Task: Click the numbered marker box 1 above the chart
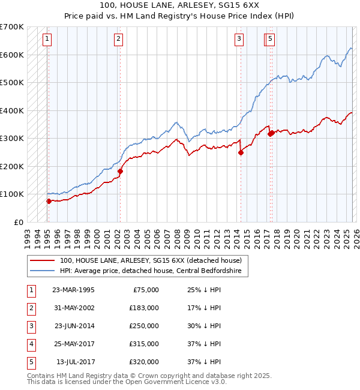tap(47, 40)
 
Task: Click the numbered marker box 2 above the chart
tap(119, 40)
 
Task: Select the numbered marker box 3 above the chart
tap(239, 40)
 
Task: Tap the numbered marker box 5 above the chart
tap(271, 40)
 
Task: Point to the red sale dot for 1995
tap(49, 202)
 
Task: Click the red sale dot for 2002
tap(120, 172)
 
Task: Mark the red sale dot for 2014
tap(241, 152)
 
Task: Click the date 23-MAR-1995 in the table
tap(73, 290)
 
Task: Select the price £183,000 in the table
tap(144, 308)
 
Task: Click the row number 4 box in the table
tap(30, 344)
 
